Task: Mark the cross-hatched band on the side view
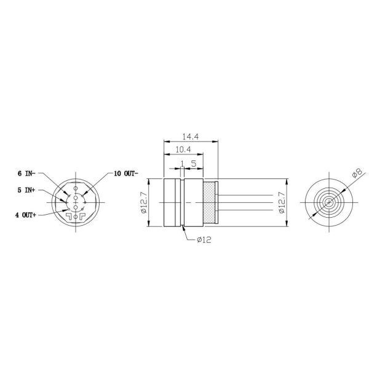[211, 203]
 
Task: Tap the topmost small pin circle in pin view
[75, 188]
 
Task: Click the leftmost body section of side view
[172, 203]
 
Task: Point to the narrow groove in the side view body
[183, 203]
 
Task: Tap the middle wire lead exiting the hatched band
[246, 203]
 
